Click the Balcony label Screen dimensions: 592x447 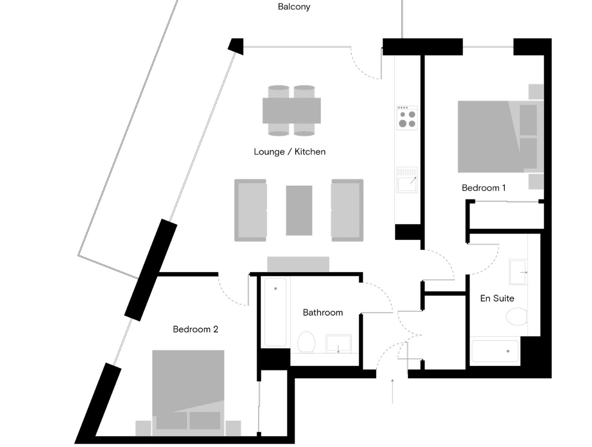point(294,7)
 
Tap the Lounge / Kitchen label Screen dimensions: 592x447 point(289,152)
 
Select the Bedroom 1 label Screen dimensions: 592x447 point(483,188)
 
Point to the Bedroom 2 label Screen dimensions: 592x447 point(195,329)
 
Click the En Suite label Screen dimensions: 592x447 point(497,298)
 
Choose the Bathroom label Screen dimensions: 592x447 point(323,313)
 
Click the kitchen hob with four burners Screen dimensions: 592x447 point(407,118)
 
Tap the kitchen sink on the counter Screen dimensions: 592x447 point(407,179)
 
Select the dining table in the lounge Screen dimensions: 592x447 point(292,111)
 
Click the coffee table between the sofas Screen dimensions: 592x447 point(299,210)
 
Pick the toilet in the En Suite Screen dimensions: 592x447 point(516,317)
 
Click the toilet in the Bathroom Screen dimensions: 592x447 point(306,342)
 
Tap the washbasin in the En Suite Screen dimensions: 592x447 point(518,272)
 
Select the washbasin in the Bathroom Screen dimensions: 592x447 point(339,344)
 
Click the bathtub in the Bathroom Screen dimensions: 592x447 point(275,312)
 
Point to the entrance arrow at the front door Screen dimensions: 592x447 point(392,391)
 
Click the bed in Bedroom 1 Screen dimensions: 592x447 point(500,137)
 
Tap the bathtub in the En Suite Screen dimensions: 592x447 point(495,351)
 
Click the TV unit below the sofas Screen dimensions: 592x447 point(298,264)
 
